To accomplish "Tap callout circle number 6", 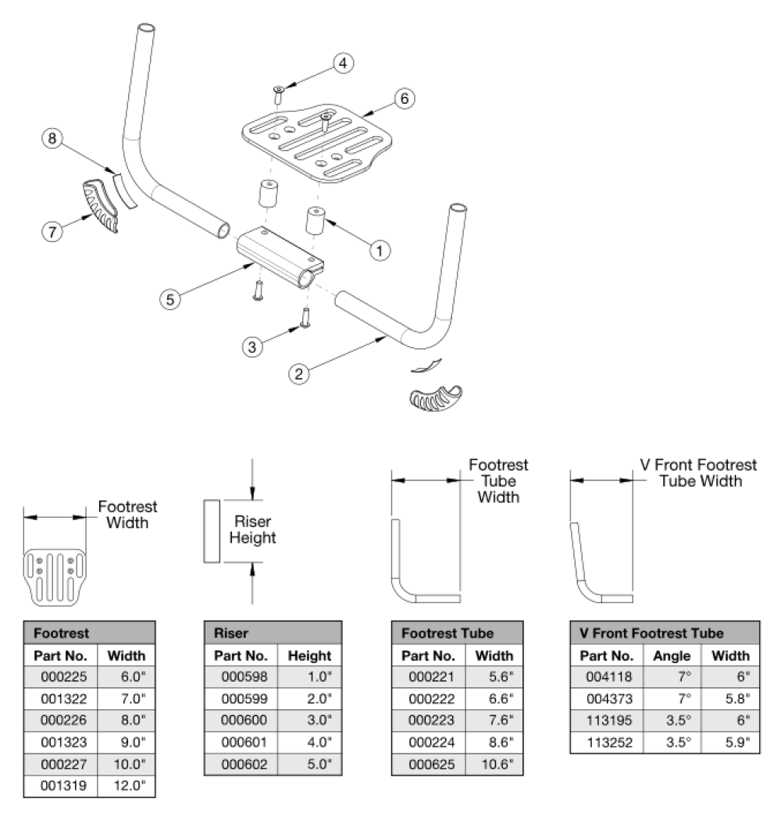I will click(404, 99).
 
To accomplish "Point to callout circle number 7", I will click(51, 230).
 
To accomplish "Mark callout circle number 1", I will click(379, 250).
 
